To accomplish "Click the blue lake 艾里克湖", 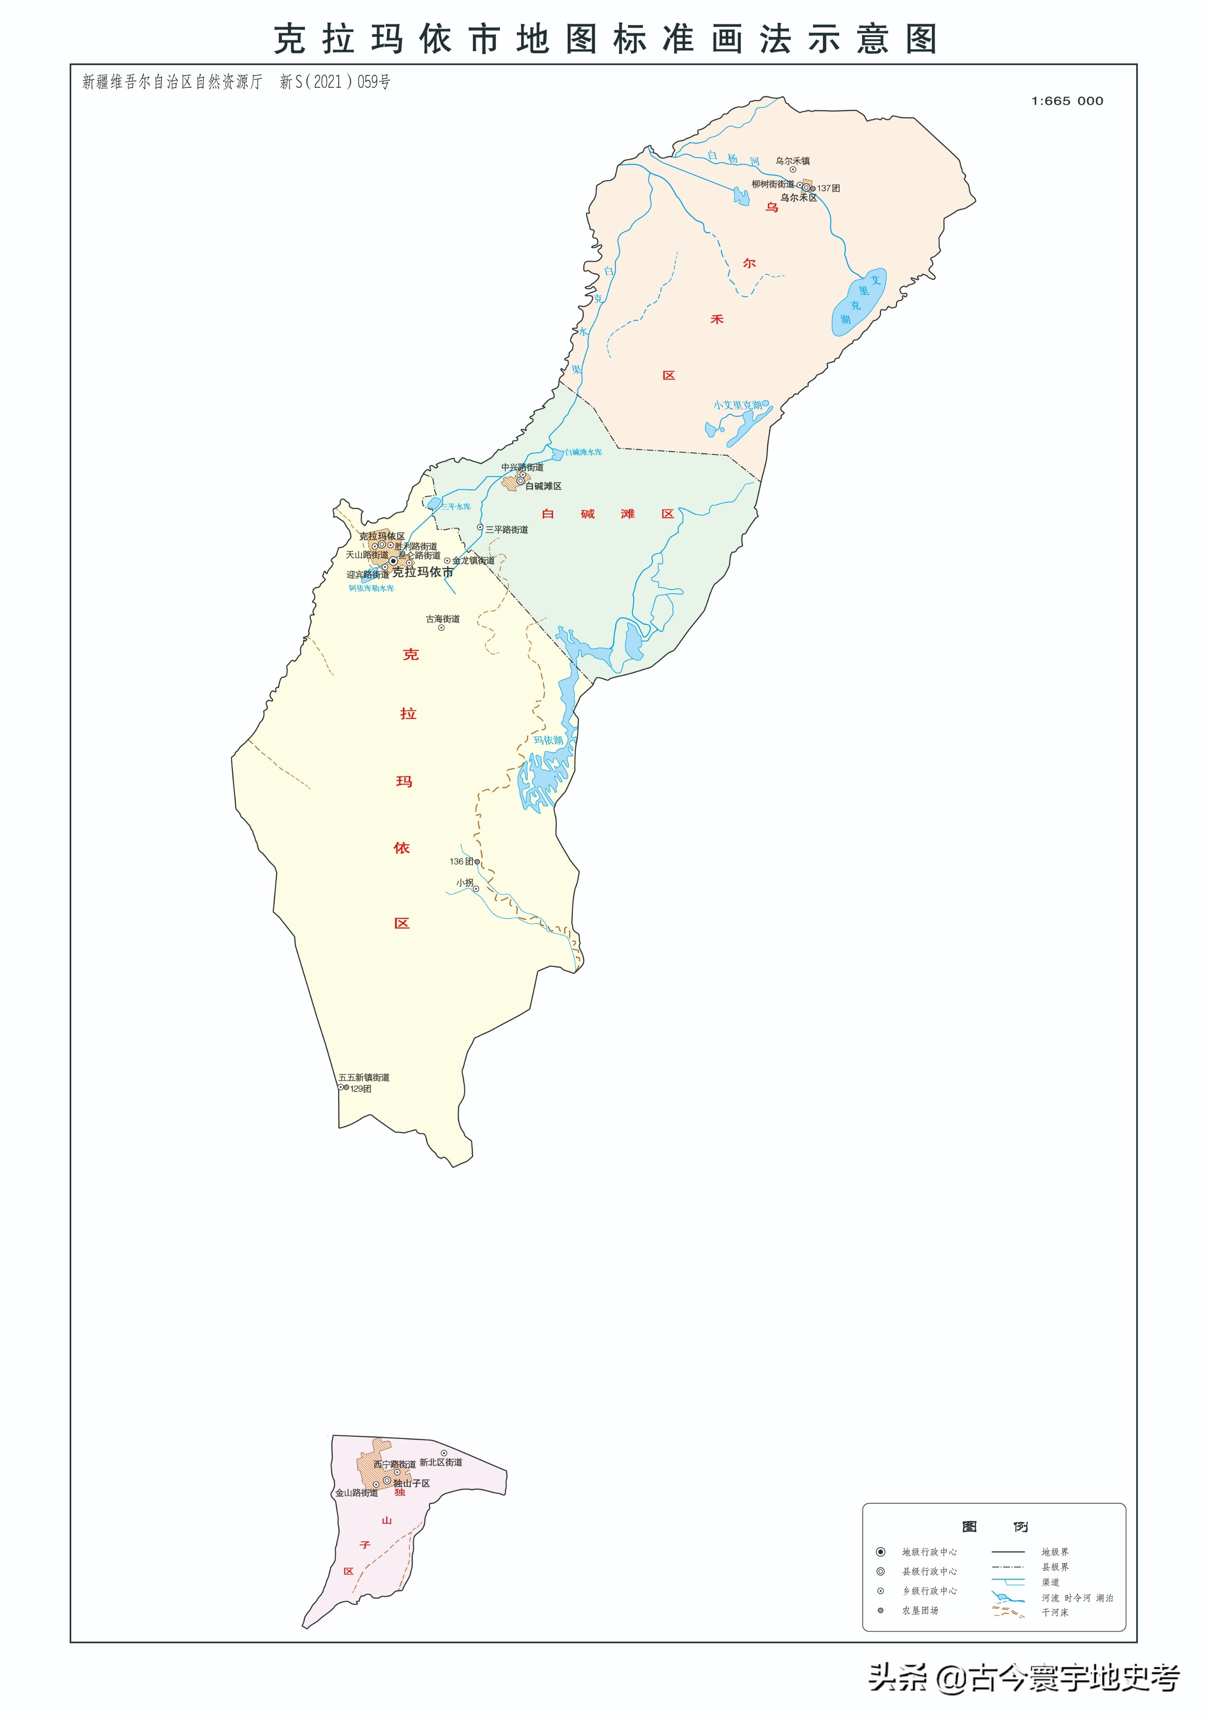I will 858,303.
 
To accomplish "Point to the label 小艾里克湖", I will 738,405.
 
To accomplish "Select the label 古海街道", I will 443,619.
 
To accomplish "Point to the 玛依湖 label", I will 548,740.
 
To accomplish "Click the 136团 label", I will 461,861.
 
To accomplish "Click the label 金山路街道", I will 357,1492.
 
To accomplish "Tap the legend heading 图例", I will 995,1527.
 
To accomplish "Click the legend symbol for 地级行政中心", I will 881,1552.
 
